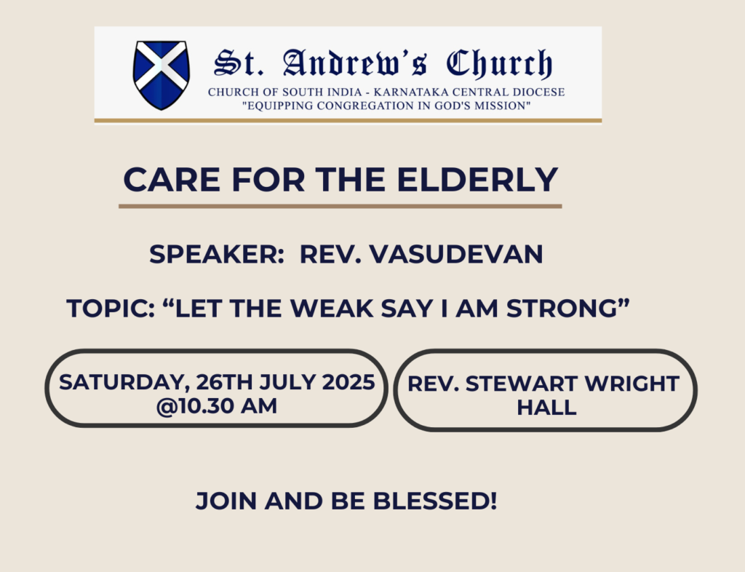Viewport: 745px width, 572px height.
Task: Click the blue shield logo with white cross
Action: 162,75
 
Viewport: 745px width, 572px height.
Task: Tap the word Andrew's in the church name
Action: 354,63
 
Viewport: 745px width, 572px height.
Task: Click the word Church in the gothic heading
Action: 499,63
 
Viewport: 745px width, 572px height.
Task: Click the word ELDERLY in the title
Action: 477,180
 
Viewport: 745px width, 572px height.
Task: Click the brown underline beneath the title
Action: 340,206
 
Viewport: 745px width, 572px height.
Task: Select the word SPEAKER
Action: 217,254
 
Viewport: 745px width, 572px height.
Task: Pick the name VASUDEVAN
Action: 456,254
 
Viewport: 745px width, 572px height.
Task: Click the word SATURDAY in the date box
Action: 121,383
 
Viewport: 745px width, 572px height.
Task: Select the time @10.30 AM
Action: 216,406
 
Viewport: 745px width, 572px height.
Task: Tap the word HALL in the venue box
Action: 546,408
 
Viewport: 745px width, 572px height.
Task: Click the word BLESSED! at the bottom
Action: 435,501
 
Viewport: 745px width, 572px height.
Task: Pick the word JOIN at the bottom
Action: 226,501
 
